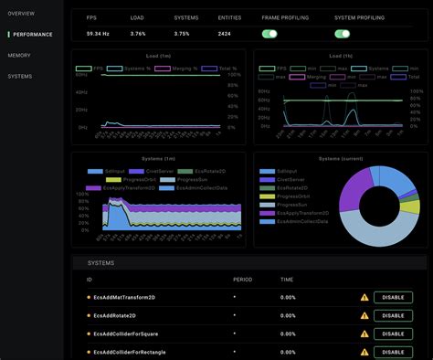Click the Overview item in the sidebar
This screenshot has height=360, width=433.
click(21, 13)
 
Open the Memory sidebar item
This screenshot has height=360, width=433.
click(19, 56)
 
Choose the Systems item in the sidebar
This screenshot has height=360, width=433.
click(20, 77)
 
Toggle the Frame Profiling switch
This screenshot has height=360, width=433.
click(269, 34)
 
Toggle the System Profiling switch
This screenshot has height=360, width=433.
click(343, 34)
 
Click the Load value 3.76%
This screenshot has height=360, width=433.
click(139, 34)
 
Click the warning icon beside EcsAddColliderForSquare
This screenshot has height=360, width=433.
click(364, 334)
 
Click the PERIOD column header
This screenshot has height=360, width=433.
click(242, 280)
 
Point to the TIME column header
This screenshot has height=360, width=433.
click(287, 280)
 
